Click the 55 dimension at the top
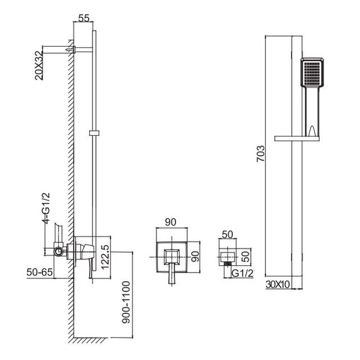point(84,18)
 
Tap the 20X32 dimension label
point(39,65)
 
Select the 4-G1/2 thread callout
point(46,208)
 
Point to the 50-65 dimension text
point(39,273)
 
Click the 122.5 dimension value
point(105,257)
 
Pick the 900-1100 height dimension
point(126,302)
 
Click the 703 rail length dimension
point(261,154)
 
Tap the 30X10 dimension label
point(278,285)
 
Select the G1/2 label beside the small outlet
point(242,273)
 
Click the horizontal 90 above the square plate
point(170,222)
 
